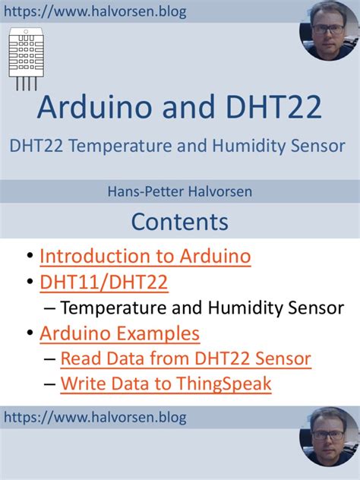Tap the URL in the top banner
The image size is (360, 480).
[x=95, y=12]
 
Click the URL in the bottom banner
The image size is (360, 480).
[x=95, y=417]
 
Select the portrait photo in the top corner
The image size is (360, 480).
[x=330, y=30]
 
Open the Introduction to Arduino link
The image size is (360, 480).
[x=145, y=256]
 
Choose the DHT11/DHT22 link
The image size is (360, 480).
[x=104, y=283]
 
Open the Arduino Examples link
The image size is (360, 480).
[x=120, y=333]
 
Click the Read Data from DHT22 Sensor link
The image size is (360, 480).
[x=185, y=358]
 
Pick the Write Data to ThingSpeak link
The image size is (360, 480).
[x=166, y=384]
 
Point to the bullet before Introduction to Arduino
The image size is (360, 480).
[x=29, y=257]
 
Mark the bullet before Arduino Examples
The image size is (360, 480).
[x=29, y=333]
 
